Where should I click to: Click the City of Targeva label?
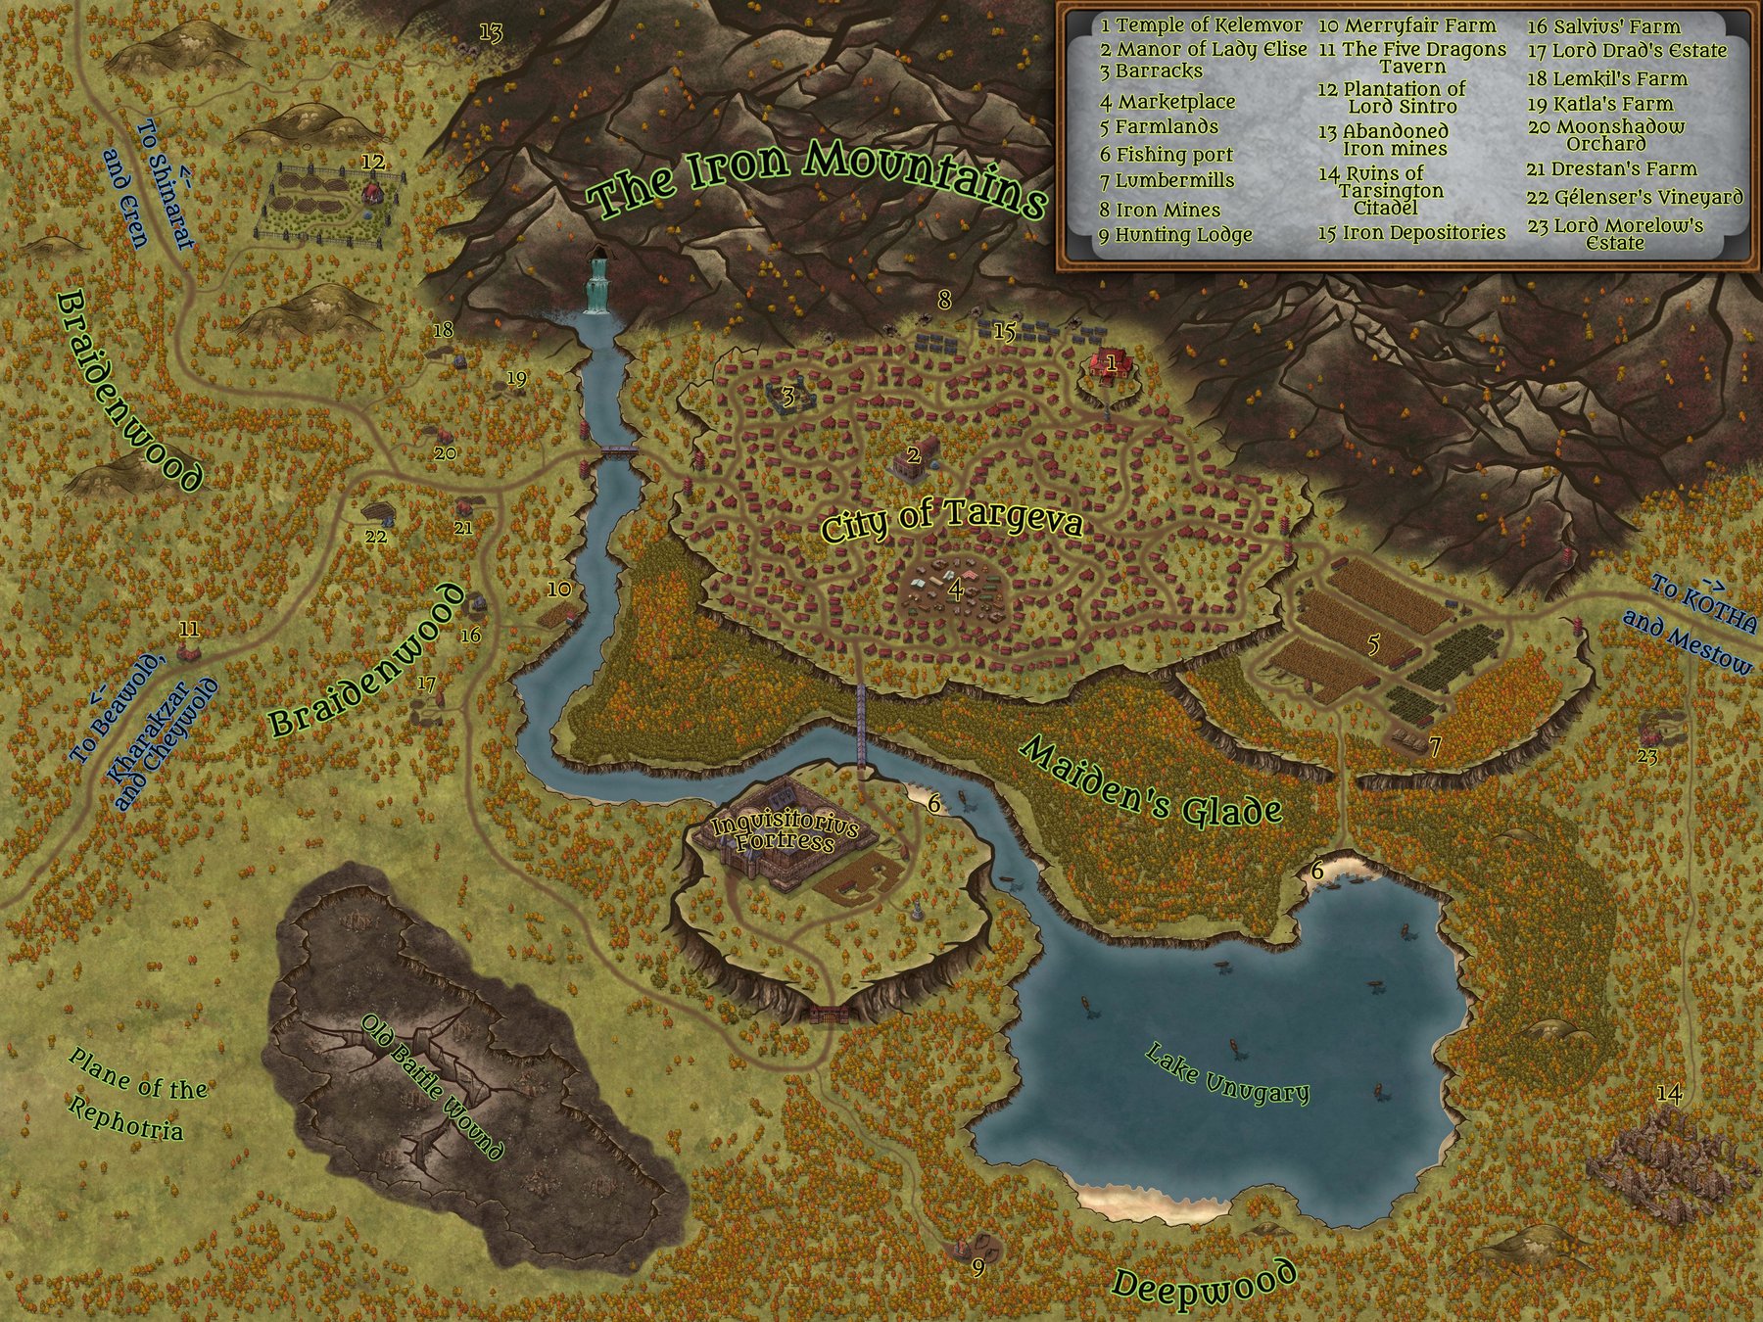951,521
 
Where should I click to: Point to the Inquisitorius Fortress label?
786,833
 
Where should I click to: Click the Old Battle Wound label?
432,1087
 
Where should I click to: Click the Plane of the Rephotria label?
137,1094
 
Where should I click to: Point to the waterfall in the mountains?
596,283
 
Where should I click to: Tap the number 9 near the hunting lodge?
977,1268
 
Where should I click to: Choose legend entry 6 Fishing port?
1166,155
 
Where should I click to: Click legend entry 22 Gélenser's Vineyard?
1635,198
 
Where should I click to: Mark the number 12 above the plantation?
373,162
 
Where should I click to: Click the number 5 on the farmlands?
1373,644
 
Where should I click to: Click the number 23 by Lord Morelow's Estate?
1646,756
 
